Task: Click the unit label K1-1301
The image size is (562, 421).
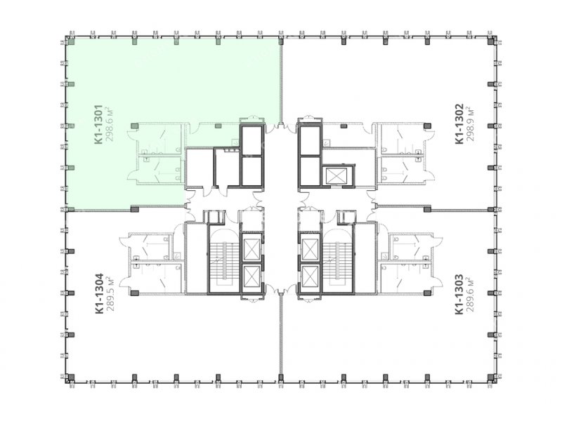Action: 99,125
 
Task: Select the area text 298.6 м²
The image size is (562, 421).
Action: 110,123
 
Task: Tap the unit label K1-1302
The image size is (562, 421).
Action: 459,124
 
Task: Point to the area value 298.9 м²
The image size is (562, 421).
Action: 470,123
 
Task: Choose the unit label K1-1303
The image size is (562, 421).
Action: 459,294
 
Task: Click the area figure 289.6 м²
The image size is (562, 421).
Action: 470,293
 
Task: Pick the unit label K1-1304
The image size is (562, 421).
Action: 99,294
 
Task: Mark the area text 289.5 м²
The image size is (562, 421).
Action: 110,293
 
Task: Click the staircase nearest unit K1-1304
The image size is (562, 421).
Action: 224,259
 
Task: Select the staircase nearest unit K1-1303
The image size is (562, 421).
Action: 337,259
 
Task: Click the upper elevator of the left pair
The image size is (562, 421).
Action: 251,248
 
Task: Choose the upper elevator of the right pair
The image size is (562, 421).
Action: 311,248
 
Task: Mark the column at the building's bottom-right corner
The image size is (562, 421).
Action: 491,377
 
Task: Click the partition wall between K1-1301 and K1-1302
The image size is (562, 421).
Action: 281,81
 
